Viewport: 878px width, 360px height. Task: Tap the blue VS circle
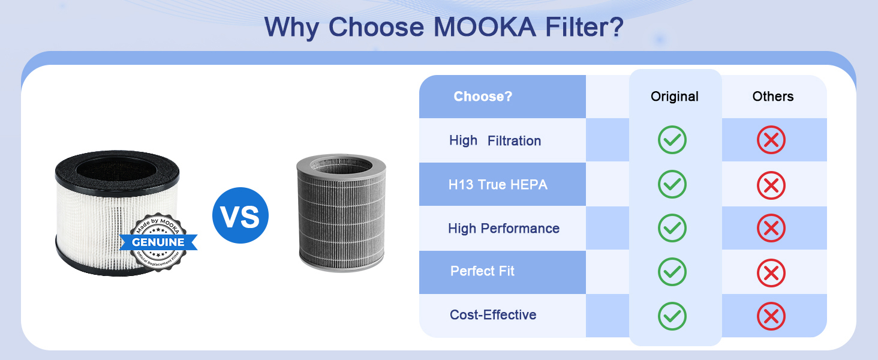(x=240, y=215)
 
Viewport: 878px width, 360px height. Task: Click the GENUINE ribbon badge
(x=158, y=242)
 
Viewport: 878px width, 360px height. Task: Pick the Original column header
(x=675, y=97)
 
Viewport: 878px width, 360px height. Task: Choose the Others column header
(x=773, y=97)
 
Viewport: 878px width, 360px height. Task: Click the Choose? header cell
(x=483, y=97)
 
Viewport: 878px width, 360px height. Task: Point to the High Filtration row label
(x=495, y=140)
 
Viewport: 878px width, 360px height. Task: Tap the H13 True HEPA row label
(x=498, y=185)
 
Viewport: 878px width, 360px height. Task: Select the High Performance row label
(x=503, y=229)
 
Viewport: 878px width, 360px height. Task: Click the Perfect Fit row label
(x=482, y=271)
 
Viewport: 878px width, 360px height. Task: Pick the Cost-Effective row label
(x=493, y=315)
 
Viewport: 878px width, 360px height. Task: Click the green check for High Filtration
(x=672, y=140)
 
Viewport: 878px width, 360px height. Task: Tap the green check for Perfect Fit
(x=672, y=272)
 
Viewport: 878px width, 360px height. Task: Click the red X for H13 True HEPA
(x=771, y=185)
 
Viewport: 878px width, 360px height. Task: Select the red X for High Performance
(x=771, y=229)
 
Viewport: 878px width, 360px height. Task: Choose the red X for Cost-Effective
(x=771, y=316)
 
